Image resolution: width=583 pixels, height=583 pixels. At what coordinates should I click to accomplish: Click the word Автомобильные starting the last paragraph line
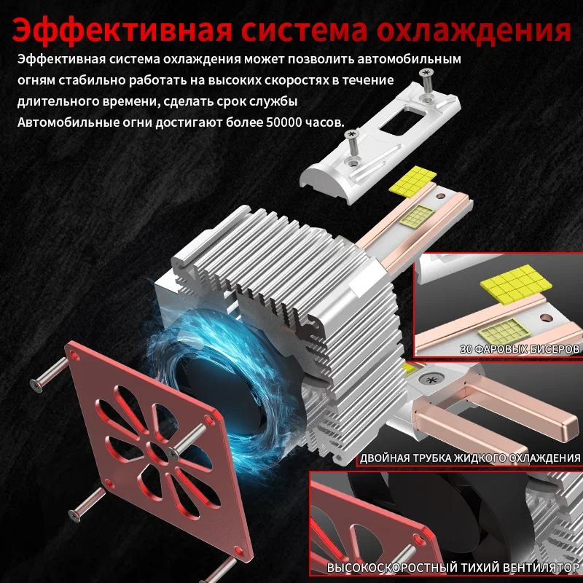tap(63, 122)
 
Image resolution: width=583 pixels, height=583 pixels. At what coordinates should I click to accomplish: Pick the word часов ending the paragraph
tap(325, 122)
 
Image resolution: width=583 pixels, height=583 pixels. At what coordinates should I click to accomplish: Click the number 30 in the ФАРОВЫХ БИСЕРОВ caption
tap(467, 349)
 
